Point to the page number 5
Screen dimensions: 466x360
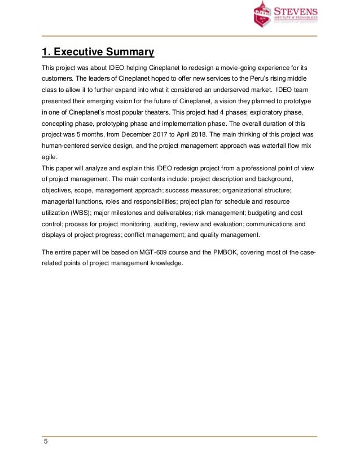click(45, 442)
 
